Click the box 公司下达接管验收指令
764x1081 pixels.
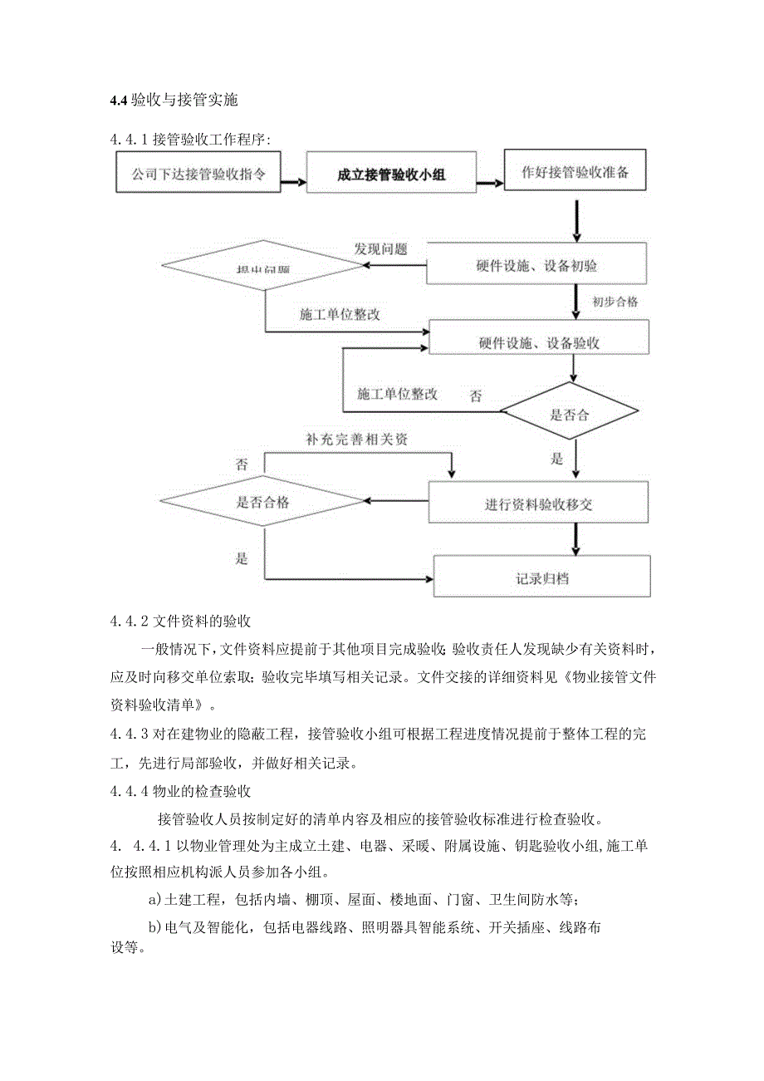(197, 174)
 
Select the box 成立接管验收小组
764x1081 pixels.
(391, 174)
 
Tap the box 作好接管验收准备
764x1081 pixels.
(574, 173)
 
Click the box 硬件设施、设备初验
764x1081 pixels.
(537, 266)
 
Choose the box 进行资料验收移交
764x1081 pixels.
(538, 504)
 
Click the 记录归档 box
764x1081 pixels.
(541, 577)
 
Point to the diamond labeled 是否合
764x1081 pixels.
(569, 414)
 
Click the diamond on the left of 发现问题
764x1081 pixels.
(262, 267)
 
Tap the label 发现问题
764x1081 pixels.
(380, 248)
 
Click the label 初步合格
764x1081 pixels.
(615, 302)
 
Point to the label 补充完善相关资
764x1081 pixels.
(355, 439)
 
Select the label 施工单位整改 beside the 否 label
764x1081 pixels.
(397, 394)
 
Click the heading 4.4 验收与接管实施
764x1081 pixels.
(174, 101)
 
